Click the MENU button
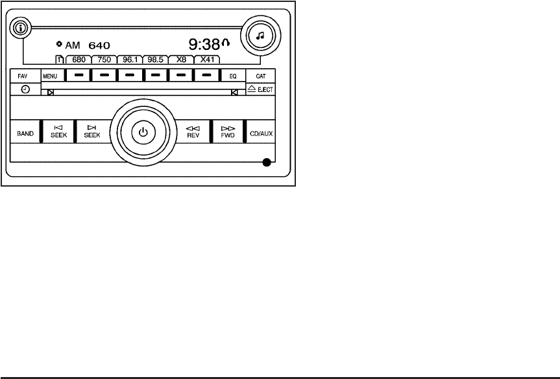click(x=50, y=76)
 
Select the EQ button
click(x=233, y=76)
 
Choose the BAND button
click(x=25, y=134)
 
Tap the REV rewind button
click(x=191, y=133)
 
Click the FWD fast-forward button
click(x=227, y=133)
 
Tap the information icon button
click(x=21, y=29)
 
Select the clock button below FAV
click(x=25, y=89)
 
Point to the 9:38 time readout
click(x=204, y=45)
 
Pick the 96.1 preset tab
click(x=130, y=59)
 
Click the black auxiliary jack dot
click(x=266, y=163)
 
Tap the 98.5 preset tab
click(x=155, y=59)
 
